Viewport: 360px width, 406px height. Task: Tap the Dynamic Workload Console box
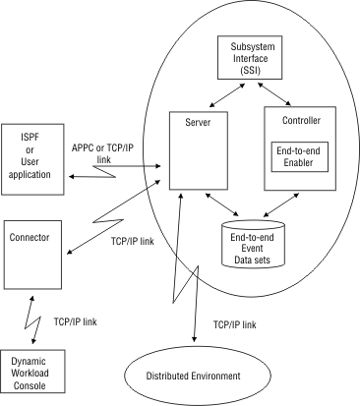point(30,374)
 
